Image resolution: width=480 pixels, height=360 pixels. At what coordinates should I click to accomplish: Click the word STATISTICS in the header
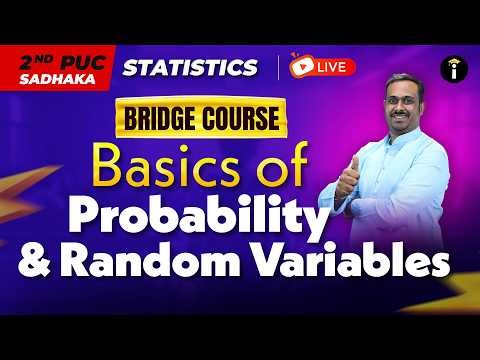(x=189, y=68)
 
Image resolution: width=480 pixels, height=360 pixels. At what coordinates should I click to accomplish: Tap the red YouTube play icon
(x=299, y=68)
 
